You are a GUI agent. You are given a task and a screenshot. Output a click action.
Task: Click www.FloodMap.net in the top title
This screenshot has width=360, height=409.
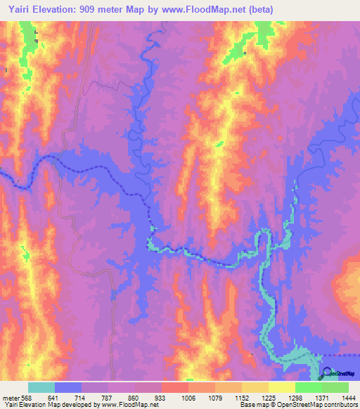tap(207, 9)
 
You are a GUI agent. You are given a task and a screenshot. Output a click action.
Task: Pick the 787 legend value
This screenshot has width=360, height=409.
tap(108, 397)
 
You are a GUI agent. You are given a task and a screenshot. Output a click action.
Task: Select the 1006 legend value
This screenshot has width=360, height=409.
tap(188, 397)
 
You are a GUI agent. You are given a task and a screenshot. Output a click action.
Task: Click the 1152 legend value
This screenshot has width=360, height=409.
tap(241, 397)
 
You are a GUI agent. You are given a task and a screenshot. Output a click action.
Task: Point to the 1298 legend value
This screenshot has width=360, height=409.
tap(294, 397)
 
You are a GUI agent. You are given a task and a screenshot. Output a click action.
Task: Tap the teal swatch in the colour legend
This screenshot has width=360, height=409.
tap(41, 387)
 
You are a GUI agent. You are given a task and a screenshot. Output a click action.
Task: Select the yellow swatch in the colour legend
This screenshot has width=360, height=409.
tap(281, 387)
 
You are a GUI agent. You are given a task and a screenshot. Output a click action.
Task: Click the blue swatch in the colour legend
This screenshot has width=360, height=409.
tap(67, 387)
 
